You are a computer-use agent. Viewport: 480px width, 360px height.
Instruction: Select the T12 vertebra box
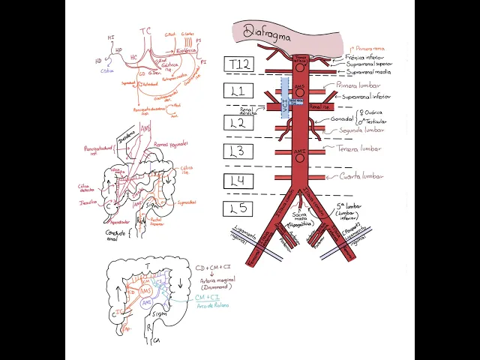[x=240, y=64]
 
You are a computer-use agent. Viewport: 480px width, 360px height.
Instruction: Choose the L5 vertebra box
[x=240, y=209]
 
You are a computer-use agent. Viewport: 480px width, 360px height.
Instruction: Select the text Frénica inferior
[x=365, y=57]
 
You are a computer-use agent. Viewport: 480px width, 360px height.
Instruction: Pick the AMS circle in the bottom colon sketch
[x=146, y=289]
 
